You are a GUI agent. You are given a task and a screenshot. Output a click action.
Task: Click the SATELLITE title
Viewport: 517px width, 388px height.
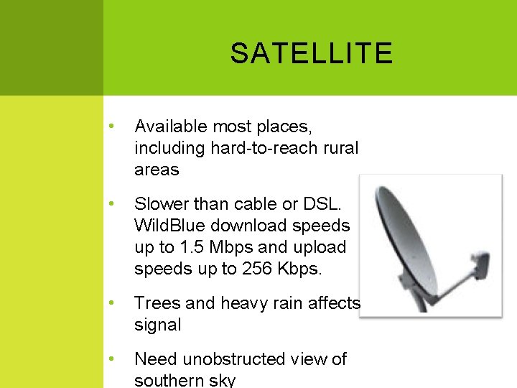[x=311, y=53]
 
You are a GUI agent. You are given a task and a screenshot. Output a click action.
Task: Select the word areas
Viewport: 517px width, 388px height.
[x=157, y=170]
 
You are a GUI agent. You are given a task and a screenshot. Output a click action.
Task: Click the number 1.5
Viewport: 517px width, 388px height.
[x=191, y=246]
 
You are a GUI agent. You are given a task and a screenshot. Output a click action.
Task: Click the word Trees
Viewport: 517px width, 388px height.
[x=155, y=302]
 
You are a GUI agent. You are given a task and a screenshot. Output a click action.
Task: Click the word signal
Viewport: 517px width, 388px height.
[x=158, y=324]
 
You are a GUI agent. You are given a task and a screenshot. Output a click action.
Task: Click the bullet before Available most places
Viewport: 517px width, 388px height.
[x=111, y=127]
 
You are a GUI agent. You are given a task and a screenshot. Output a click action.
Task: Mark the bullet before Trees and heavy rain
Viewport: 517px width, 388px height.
[x=111, y=302]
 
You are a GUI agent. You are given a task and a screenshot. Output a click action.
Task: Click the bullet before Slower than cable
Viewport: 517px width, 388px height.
[x=111, y=203]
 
